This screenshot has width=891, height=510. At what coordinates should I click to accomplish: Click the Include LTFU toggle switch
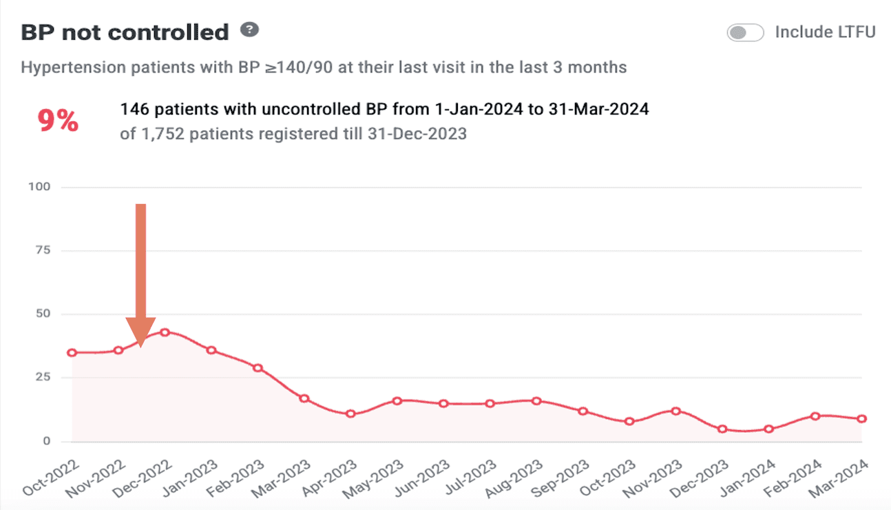[745, 32]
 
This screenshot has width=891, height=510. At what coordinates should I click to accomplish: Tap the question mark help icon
[249, 30]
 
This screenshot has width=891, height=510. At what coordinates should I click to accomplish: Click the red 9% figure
[58, 121]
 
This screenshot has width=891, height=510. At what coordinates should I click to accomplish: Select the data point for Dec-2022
[165, 332]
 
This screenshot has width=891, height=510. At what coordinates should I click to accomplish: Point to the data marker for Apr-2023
[350, 414]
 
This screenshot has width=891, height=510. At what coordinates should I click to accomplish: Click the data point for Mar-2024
[861, 418]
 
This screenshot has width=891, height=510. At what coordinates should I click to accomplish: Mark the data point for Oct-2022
[72, 353]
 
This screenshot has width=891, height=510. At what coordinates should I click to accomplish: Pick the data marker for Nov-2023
[675, 411]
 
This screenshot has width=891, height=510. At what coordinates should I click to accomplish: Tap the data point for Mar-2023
[304, 398]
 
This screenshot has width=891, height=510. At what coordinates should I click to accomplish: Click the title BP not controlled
[125, 32]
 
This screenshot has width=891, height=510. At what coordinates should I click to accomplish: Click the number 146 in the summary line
[132, 109]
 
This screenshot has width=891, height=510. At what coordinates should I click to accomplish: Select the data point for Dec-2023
[722, 429]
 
